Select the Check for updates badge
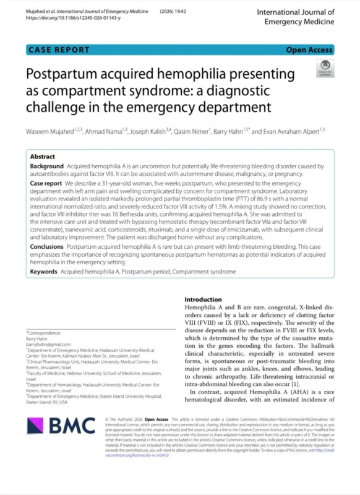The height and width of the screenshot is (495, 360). point(324,67)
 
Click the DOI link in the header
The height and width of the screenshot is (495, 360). point(74,18)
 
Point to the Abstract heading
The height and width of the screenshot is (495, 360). point(43,157)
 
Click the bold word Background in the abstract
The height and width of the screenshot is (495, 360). point(47,166)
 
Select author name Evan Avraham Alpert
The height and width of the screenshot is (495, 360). point(289,131)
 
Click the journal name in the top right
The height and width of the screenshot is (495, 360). point(295,17)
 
